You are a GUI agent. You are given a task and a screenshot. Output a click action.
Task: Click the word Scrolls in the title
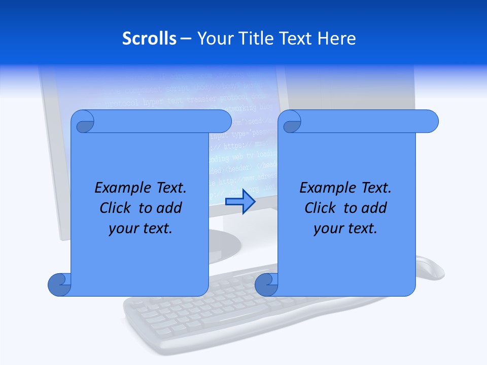point(149,39)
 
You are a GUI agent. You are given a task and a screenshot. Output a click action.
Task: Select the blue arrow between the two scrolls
point(240,201)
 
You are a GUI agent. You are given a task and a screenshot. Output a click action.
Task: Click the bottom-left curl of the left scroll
point(59,284)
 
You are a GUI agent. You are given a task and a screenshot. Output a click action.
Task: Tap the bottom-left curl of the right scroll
point(265,284)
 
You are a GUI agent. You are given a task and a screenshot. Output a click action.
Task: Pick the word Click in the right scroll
point(321,208)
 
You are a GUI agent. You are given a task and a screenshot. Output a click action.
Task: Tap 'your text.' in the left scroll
point(141,229)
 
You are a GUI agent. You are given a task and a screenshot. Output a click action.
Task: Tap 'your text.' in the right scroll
point(345,229)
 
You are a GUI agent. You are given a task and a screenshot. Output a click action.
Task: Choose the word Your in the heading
point(213,39)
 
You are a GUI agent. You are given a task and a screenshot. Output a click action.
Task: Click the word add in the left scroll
point(169,208)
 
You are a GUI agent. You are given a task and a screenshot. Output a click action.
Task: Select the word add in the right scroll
point(374,208)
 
